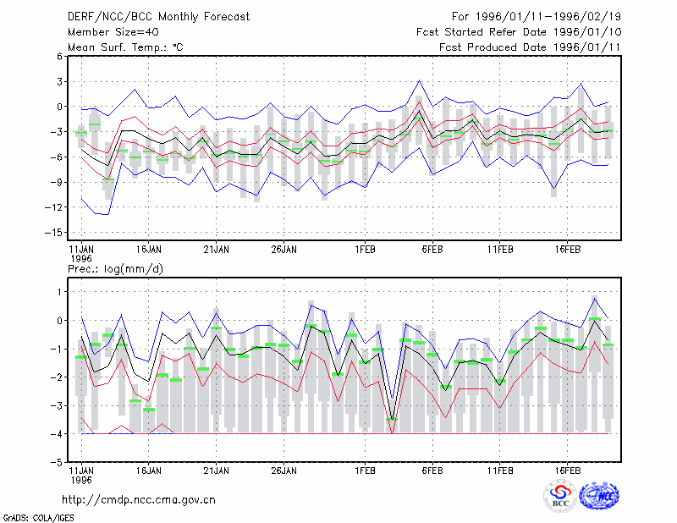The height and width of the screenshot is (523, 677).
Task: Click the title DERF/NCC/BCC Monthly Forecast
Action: tap(158, 17)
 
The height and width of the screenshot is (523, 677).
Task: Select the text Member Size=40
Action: tap(113, 32)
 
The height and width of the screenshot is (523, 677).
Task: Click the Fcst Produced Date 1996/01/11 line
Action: tap(530, 47)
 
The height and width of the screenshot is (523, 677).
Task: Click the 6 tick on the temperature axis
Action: tap(59, 57)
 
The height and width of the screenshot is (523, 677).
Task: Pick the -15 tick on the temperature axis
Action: tap(54, 233)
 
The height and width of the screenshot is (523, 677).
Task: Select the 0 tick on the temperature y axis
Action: tap(59, 107)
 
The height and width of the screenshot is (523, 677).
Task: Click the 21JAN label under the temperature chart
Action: tap(217, 250)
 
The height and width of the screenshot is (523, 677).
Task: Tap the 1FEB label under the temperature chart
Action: tap(365, 250)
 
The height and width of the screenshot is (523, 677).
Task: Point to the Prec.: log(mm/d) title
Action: tap(115, 269)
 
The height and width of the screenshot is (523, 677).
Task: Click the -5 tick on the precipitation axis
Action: tap(56, 462)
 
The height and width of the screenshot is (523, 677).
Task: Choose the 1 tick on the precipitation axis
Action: tap(59, 292)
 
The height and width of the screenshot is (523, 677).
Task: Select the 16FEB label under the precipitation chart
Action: tap(567, 471)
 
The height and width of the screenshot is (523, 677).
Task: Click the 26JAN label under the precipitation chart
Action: tap(283, 471)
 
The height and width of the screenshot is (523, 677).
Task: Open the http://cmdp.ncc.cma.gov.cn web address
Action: tap(139, 500)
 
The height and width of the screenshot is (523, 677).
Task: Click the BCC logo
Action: tap(560, 496)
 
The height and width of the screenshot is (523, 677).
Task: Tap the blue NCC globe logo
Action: tap(599, 496)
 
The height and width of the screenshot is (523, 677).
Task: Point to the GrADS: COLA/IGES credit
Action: tap(38, 518)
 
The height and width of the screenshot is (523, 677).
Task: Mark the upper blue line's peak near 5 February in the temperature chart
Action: tap(419, 80)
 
